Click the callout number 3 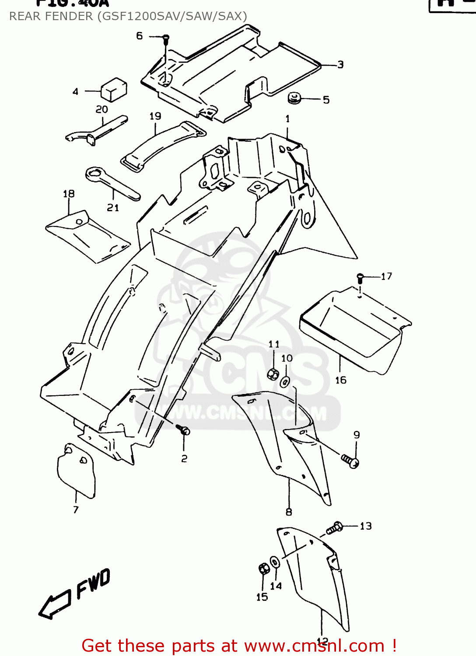tap(340, 65)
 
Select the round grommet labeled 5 tap(294, 98)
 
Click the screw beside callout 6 tap(165, 40)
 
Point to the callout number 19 tap(155, 116)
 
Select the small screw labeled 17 tap(360, 277)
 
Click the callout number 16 tap(341, 380)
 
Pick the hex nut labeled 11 tap(273, 374)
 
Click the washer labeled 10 tap(285, 382)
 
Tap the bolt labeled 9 tap(350, 461)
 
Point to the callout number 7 tap(76, 509)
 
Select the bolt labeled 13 tap(334, 528)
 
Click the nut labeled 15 tap(263, 569)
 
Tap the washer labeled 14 tap(275, 562)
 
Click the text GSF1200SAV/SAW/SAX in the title tap(172, 16)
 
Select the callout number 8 tap(289, 512)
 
